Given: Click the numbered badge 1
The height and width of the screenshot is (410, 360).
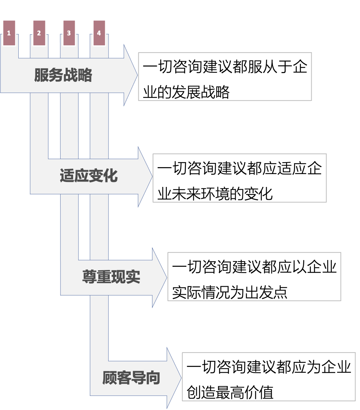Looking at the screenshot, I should [x=9, y=33].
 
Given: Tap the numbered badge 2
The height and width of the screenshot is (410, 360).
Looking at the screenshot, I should [x=39, y=33].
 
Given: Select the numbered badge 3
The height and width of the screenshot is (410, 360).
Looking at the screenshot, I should [x=69, y=33].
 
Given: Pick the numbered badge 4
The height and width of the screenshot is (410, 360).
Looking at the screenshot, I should [x=99, y=33].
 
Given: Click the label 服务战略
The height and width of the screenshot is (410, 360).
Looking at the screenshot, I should [x=63, y=75].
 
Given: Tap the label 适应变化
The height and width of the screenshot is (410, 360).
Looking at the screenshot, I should [x=88, y=176].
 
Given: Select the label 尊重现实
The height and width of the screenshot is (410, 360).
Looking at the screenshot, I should [x=111, y=277].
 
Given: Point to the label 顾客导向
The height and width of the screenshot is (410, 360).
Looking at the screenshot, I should [x=131, y=378].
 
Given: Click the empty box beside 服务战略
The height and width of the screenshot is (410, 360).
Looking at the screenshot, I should [x=225, y=77].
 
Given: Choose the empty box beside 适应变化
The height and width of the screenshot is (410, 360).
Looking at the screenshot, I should [x=239, y=178].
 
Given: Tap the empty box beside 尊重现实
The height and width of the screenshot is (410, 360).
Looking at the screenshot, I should [x=254, y=276].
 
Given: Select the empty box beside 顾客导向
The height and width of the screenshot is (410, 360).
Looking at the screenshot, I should [x=269, y=376].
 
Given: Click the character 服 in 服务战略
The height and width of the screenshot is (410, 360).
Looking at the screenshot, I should [x=42, y=75].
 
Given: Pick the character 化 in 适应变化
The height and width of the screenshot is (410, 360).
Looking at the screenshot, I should [x=110, y=176].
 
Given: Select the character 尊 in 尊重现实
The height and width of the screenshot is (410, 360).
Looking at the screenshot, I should [x=89, y=277].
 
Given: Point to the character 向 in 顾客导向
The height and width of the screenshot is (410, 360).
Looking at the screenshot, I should [x=153, y=378].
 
